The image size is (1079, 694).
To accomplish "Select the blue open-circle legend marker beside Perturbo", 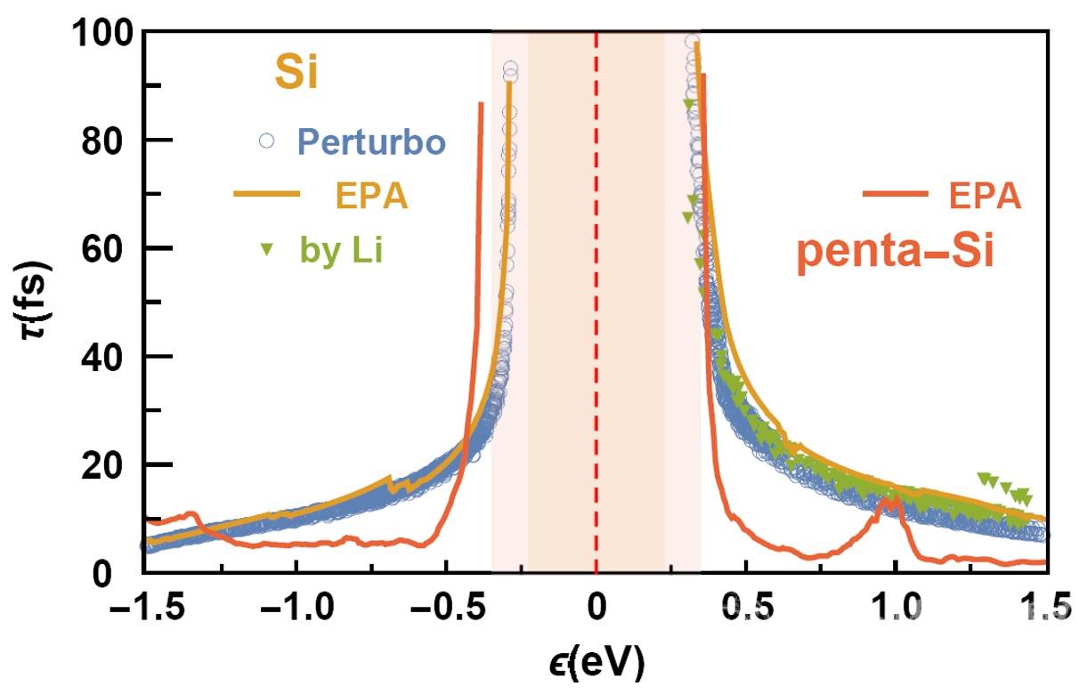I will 264,140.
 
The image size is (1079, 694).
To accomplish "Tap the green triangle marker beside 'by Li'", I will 264,252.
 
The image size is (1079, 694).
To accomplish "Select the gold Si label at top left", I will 295,74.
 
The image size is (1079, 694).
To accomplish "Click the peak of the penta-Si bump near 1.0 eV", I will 888,501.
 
